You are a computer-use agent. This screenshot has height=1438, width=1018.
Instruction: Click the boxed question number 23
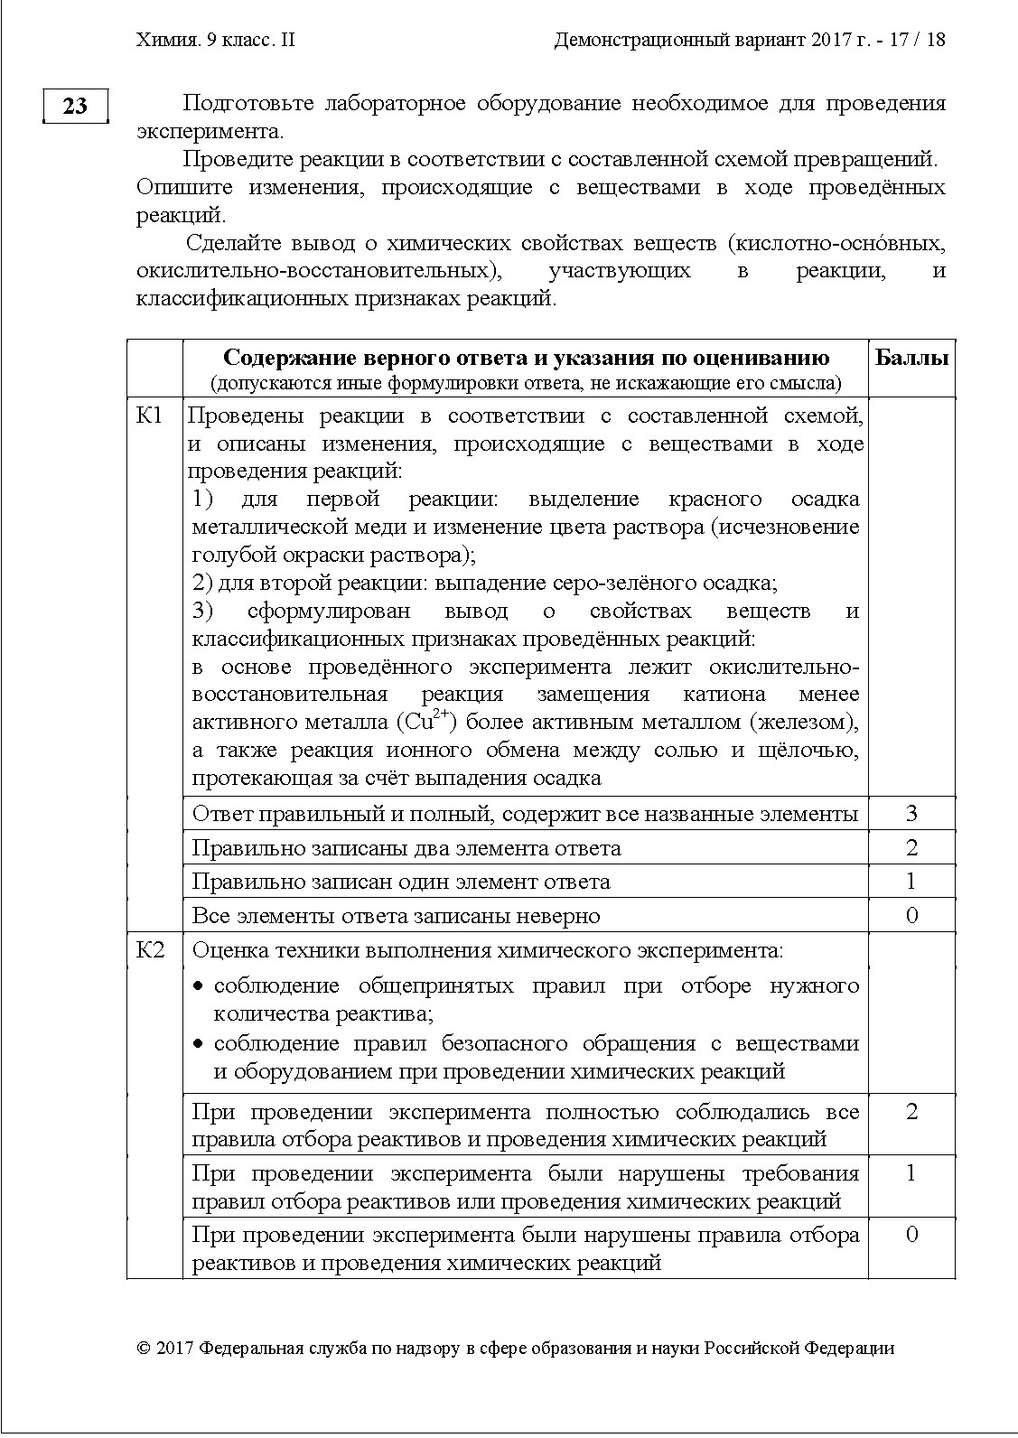[76, 106]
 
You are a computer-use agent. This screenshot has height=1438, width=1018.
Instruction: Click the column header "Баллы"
[911, 358]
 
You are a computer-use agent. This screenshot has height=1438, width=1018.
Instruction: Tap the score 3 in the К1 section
[911, 814]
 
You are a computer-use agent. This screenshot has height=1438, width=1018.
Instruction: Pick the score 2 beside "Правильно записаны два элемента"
[911, 848]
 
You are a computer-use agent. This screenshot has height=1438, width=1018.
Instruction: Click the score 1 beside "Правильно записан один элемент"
[911, 882]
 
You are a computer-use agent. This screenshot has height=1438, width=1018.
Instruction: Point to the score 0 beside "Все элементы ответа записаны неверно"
[911, 916]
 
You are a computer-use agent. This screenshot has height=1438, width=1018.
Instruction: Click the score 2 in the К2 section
[911, 1112]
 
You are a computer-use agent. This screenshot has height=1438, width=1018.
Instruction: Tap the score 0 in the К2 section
[911, 1235]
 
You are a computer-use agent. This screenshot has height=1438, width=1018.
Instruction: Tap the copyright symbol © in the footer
[143, 1349]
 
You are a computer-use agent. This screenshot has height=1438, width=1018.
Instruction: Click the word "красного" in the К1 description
[712, 500]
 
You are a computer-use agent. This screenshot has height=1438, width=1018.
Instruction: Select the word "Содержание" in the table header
[277, 358]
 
